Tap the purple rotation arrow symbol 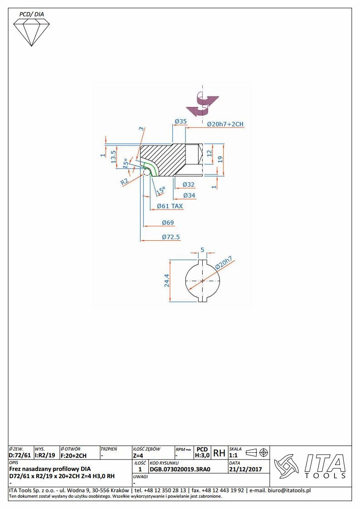point(202,104)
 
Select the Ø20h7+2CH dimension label point(225,124)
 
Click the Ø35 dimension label point(181,121)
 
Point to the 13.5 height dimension point(113,156)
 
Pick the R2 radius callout point(125,181)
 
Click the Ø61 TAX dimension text point(170,206)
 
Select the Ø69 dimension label point(168,223)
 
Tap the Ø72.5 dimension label point(171,237)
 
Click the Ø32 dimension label point(189,184)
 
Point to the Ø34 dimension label point(189,195)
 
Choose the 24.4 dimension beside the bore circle point(167,281)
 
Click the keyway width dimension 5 point(202,250)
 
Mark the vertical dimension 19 point(220,159)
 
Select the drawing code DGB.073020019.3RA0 point(180,469)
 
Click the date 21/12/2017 point(245,469)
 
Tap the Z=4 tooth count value point(138,456)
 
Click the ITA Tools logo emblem point(286,466)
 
